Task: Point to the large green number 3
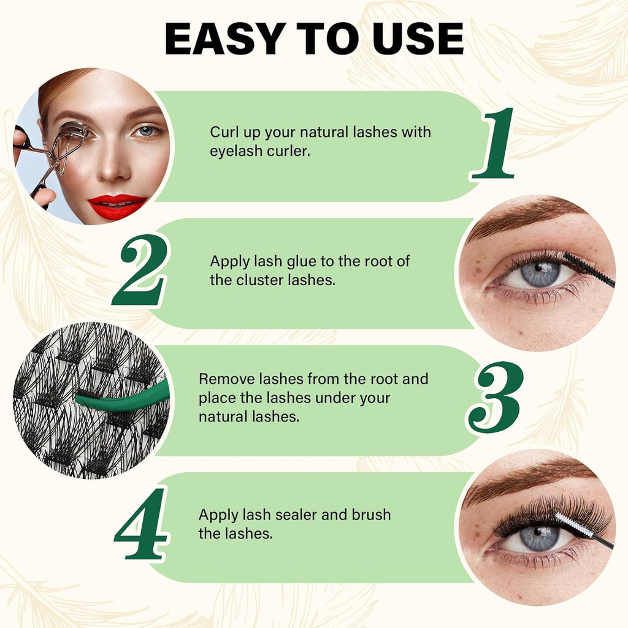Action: click(496, 397)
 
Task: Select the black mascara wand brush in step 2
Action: click(589, 270)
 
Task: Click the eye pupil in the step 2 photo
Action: click(538, 268)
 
